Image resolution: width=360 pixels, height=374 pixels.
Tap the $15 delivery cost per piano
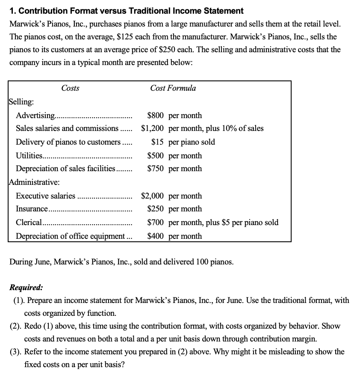159,142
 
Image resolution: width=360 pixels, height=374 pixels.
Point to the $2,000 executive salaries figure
153,196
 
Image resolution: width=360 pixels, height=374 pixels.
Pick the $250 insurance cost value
156,209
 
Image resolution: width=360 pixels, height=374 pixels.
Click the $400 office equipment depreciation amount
156,236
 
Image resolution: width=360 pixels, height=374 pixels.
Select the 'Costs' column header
70,88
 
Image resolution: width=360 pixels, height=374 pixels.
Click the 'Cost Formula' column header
173,88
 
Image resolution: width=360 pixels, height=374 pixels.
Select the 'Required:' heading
26,288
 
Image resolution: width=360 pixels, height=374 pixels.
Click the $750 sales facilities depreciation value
156,169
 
